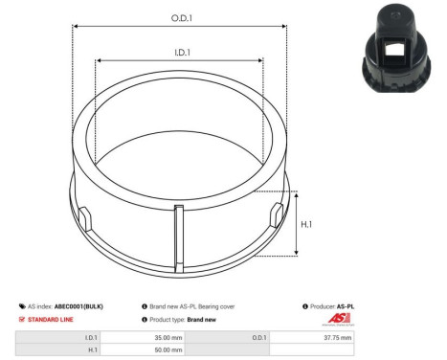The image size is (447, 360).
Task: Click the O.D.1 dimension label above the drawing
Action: [179, 17]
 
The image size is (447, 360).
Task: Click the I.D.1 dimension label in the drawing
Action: [178, 55]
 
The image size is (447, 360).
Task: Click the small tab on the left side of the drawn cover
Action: [83, 215]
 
